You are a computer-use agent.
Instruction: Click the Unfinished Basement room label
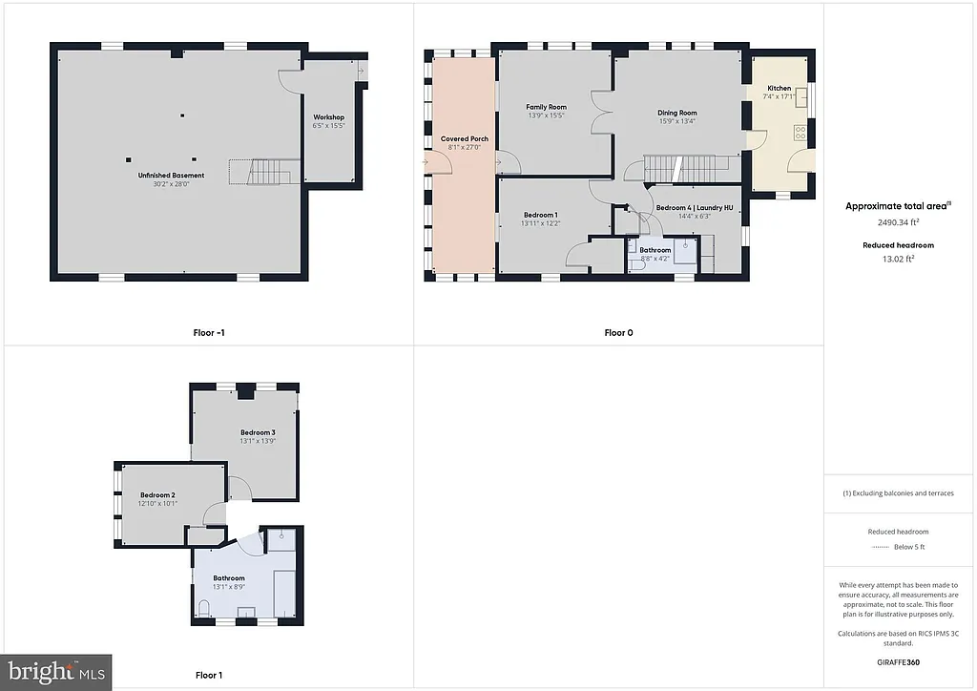(171, 176)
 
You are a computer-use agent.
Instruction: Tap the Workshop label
(328, 117)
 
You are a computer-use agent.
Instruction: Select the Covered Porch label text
(464, 139)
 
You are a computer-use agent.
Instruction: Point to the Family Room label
(546, 107)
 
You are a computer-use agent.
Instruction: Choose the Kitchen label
(779, 89)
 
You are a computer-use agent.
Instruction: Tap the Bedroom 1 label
(540, 215)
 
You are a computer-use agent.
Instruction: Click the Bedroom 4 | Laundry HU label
(694, 208)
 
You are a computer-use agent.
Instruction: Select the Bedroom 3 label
(258, 432)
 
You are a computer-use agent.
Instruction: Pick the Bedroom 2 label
(157, 494)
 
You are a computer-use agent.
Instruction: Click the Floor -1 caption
(208, 333)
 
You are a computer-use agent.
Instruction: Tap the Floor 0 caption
(618, 333)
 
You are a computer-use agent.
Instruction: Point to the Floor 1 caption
(208, 676)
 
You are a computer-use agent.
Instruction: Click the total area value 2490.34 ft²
(898, 222)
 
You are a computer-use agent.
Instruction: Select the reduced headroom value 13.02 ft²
(898, 258)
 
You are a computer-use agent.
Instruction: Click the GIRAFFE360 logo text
(898, 660)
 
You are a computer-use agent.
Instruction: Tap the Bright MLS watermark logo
(55, 672)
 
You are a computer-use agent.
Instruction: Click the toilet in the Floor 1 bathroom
(204, 607)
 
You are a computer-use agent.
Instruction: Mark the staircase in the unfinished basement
(267, 173)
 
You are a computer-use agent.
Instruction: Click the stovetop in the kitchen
(800, 133)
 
